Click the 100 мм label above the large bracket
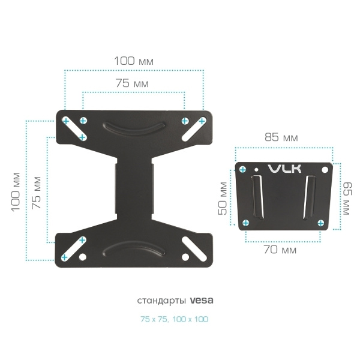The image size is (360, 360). coord(134,61)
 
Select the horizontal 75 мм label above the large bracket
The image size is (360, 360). coord(132,84)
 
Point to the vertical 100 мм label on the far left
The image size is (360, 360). coord(16,190)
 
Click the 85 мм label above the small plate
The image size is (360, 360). coord(281,137)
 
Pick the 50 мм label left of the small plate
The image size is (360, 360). coord(223,199)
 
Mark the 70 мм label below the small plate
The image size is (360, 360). coord(280,250)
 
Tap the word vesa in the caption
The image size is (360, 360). coord(202,299)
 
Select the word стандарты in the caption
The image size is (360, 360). coord(163,299)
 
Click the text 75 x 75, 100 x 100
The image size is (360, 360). coord(175,319)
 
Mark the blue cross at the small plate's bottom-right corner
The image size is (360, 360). coord(321,223)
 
